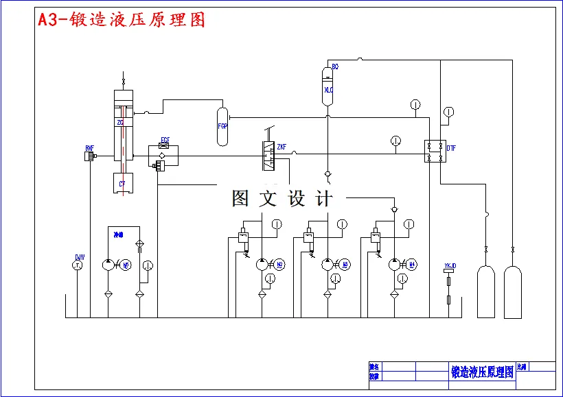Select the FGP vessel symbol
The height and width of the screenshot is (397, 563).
222,126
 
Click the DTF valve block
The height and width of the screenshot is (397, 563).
433,151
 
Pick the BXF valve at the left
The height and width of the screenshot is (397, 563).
89,156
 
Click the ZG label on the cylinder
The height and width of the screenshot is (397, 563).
120,123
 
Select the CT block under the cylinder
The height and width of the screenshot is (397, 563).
122,183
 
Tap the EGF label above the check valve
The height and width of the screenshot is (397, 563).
165,140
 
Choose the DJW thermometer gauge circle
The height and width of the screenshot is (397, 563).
78,265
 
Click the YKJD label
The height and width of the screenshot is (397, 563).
450,265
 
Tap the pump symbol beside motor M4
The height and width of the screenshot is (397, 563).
394,264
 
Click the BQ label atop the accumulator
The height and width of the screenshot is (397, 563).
335,67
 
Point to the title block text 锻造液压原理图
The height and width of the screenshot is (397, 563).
482,372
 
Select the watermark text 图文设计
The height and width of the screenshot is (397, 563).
282,199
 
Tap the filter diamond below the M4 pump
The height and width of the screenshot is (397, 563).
394,294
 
